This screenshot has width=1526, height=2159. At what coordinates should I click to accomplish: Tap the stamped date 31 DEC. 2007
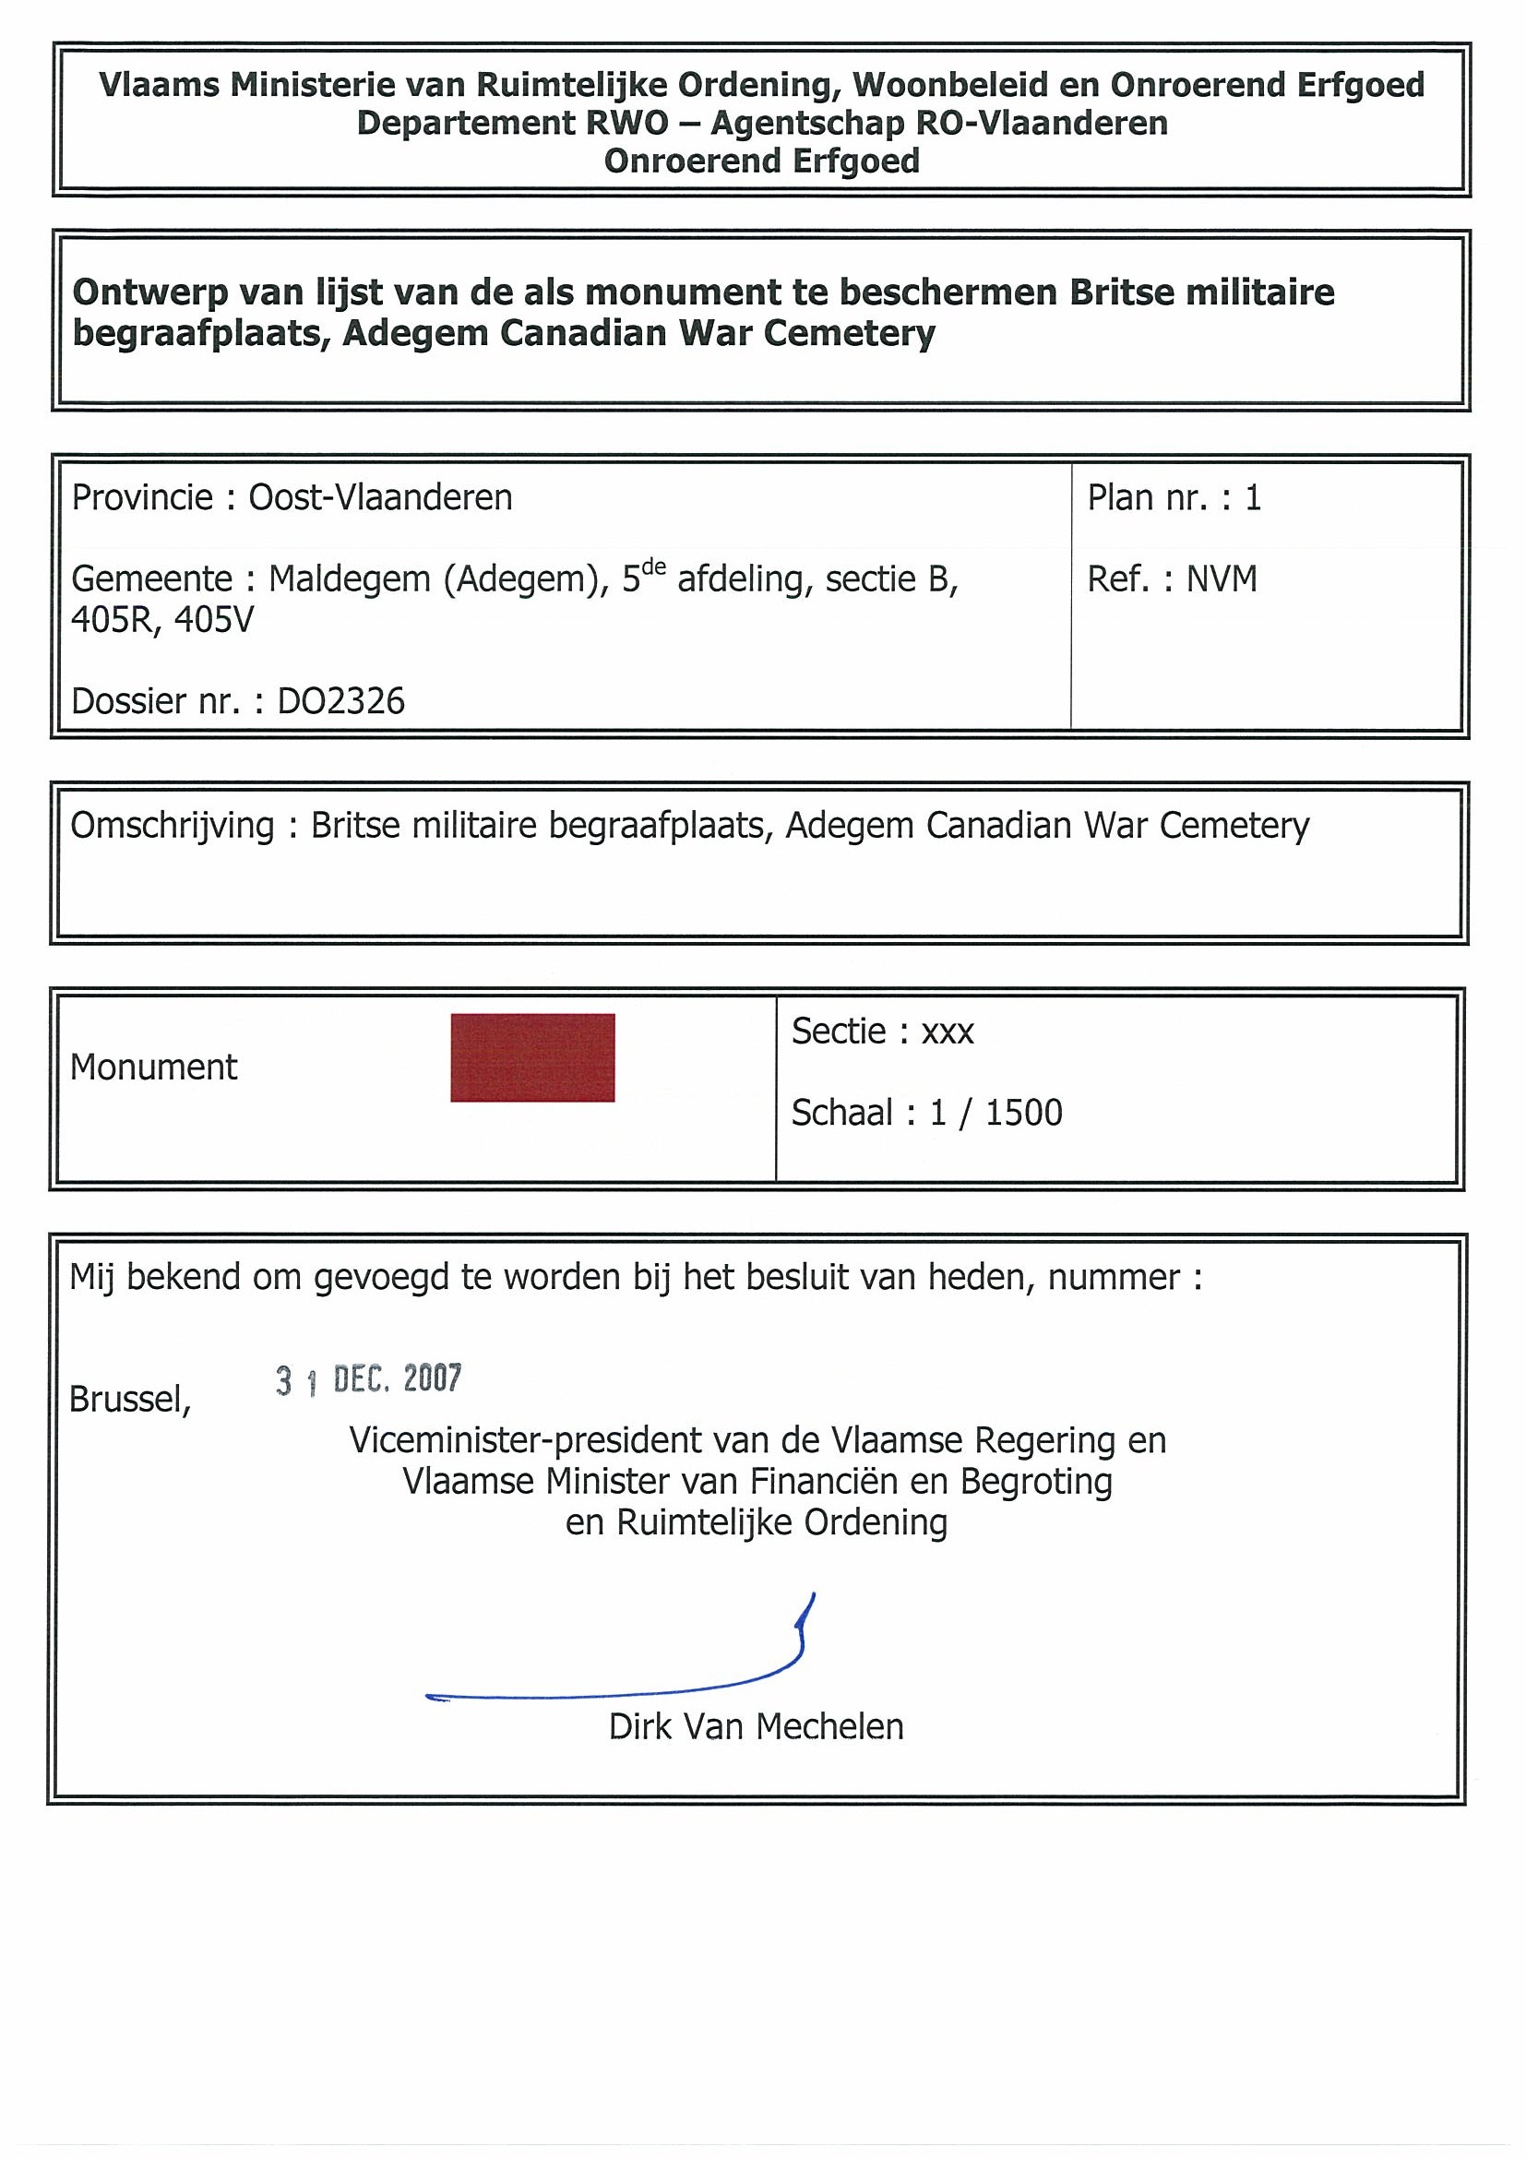coord(368,1379)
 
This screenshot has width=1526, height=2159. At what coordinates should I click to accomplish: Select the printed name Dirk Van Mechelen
coord(756,1726)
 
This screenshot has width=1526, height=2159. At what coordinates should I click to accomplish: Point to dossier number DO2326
coord(340,701)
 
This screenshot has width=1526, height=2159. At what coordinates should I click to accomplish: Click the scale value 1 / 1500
coord(995,1113)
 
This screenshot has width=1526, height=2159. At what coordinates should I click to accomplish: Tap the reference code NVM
coord(1222,579)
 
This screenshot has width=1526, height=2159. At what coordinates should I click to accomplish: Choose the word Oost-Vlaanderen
coord(380,497)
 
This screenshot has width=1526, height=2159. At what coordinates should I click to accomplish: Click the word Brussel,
coord(130,1401)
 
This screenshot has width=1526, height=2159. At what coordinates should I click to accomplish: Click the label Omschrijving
coord(172,826)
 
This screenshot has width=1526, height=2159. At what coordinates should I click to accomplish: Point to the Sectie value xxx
coord(947,1032)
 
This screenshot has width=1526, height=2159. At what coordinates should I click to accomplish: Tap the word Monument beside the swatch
coord(153,1068)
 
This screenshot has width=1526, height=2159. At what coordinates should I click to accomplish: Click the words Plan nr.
coord(1147,497)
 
